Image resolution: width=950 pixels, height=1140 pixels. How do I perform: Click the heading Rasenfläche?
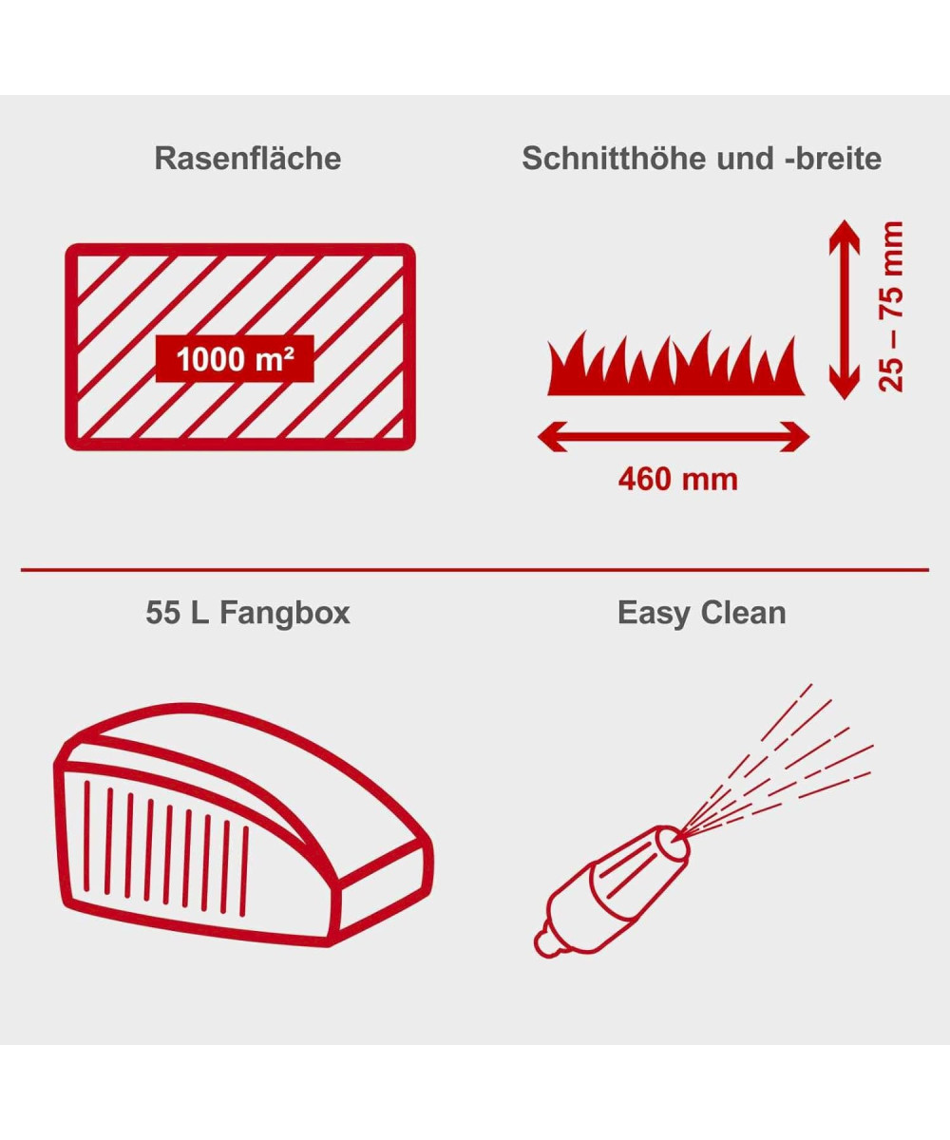click(248, 159)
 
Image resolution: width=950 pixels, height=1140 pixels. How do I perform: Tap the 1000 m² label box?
click(235, 359)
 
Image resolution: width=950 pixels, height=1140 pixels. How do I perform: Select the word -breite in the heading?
click(828, 159)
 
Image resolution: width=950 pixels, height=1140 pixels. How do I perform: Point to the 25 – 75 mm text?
click(891, 307)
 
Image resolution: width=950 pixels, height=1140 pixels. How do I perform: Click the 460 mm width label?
click(678, 480)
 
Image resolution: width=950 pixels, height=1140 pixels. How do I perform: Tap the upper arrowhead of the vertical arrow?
click(845, 237)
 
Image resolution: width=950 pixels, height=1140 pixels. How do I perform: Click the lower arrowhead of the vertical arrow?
click(845, 382)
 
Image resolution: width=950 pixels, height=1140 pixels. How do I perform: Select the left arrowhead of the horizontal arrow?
click(553, 437)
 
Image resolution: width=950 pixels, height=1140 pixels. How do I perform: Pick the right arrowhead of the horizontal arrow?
click(794, 437)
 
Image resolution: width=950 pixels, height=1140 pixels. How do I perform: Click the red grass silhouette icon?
click(675, 363)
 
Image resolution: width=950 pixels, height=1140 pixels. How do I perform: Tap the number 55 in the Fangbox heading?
click(163, 613)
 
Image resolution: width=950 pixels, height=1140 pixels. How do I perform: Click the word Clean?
click(745, 613)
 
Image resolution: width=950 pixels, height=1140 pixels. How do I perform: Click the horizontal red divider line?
click(475, 570)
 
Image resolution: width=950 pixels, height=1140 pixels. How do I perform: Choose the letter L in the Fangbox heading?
click(199, 613)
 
